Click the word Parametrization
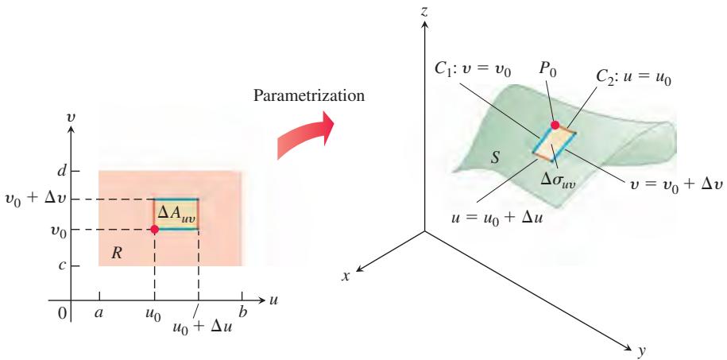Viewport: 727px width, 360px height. (x=309, y=96)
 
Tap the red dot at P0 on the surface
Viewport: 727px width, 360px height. (x=555, y=124)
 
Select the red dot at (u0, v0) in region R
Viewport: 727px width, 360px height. (x=154, y=229)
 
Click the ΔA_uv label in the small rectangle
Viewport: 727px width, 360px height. (x=176, y=215)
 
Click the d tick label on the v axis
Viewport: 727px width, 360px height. (x=60, y=171)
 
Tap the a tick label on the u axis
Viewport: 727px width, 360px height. (x=99, y=313)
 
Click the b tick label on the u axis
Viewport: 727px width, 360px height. (x=242, y=312)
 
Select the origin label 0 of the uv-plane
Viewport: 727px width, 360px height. (x=62, y=314)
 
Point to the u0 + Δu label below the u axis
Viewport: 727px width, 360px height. (x=202, y=327)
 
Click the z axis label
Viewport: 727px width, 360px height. (x=423, y=12)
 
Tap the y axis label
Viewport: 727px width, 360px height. (x=642, y=353)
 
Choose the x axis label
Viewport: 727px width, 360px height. (x=345, y=276)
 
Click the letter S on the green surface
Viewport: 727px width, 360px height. (x=495, y=158)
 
